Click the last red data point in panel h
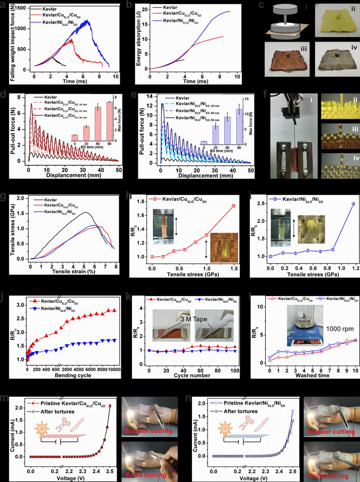[233, 206]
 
